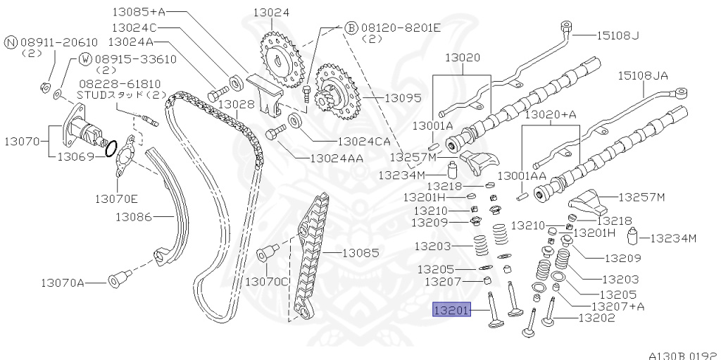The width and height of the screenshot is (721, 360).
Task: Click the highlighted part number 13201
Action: click(x=451, y=310)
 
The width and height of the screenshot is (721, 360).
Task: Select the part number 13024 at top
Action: click(x=271, y=12)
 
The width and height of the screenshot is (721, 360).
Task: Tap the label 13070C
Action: click(x=267, y=281)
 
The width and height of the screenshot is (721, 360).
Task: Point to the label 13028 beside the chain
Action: click(x=235, y=104)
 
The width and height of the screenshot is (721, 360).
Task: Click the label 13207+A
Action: click(x=617, y=306)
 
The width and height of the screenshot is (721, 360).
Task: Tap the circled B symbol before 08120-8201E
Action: click(x=351, y=27)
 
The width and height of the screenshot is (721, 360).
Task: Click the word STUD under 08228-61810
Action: click(x=89, y=94)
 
